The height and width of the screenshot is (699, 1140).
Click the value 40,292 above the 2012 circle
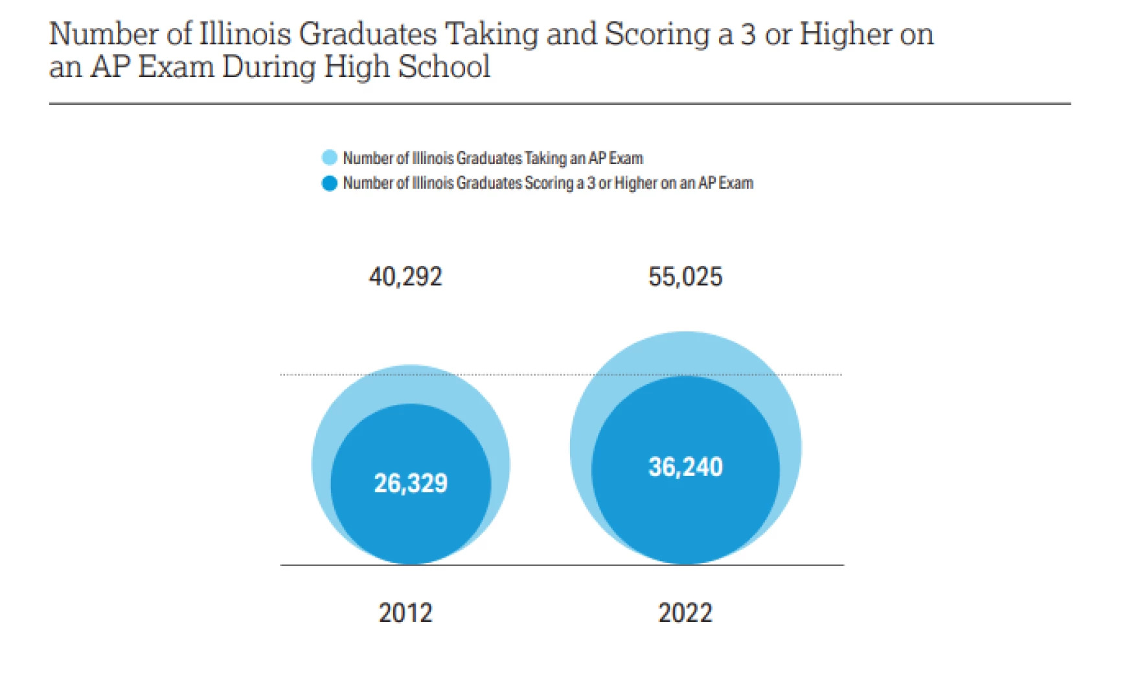pyautogui.click(x=405, y=277)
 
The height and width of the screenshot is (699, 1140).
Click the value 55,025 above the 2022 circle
pyautogui.click(x=685, y=277)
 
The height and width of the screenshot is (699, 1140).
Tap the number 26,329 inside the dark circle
pyautogui.click(x=411, y=483)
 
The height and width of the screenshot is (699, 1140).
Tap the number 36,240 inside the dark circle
pyautogui.click(x=685, y=467)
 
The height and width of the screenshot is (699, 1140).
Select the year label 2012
pyautogui.click(x=405, y=613)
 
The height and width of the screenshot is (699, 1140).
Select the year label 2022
pyautogui.click(x=685, y=613)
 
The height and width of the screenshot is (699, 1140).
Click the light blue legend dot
pyautogui.click(x=330, y=158)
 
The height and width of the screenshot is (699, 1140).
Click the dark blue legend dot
pyautogui.click(x=330, y=184)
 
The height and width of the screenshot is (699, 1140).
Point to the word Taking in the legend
pyautogui.click(x=545, y=158)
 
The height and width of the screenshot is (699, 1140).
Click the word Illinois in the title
pyautogui.click(x=245, y=34)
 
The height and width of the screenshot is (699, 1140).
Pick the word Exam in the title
pyautogui.click(x=176, y=67)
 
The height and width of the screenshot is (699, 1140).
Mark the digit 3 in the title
pyautogui.click(x=748, y=34)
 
